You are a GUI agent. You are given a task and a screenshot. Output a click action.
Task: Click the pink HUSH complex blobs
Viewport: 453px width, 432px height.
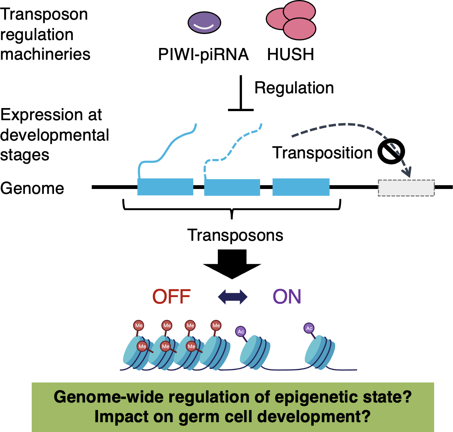coord(291,20)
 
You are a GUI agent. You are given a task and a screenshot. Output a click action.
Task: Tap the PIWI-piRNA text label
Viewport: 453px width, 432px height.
coord(203,54)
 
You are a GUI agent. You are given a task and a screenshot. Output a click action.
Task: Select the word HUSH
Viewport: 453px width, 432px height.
coord(290,54)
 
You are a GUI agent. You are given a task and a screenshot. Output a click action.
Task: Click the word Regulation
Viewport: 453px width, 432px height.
coord(294,88)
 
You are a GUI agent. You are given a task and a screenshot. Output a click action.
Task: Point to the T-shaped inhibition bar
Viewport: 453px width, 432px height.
coord(241,94)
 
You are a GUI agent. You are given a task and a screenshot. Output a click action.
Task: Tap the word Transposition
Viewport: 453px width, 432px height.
coord(322,153)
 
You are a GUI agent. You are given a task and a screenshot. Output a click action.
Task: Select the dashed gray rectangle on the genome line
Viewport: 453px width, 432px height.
coord(406,188)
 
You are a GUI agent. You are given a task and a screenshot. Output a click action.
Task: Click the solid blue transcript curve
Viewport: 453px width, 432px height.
coord(166,151)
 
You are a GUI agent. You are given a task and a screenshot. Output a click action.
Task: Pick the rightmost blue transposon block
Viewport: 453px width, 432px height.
coord(301,187)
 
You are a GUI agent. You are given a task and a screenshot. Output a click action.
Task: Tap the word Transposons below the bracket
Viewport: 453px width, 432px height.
coord(235,235)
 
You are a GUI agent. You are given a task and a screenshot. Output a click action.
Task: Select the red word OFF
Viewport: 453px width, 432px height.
coord(171,297)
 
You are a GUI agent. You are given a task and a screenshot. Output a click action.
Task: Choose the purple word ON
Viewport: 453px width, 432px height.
coord(287,297)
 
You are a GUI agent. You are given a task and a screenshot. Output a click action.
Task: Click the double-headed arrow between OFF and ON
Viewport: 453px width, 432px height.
coord(233,297)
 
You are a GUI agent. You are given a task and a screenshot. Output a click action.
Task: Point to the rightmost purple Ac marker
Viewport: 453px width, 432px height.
coord(309,328)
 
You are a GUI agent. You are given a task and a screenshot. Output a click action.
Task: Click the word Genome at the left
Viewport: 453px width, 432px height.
coord(32,188)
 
